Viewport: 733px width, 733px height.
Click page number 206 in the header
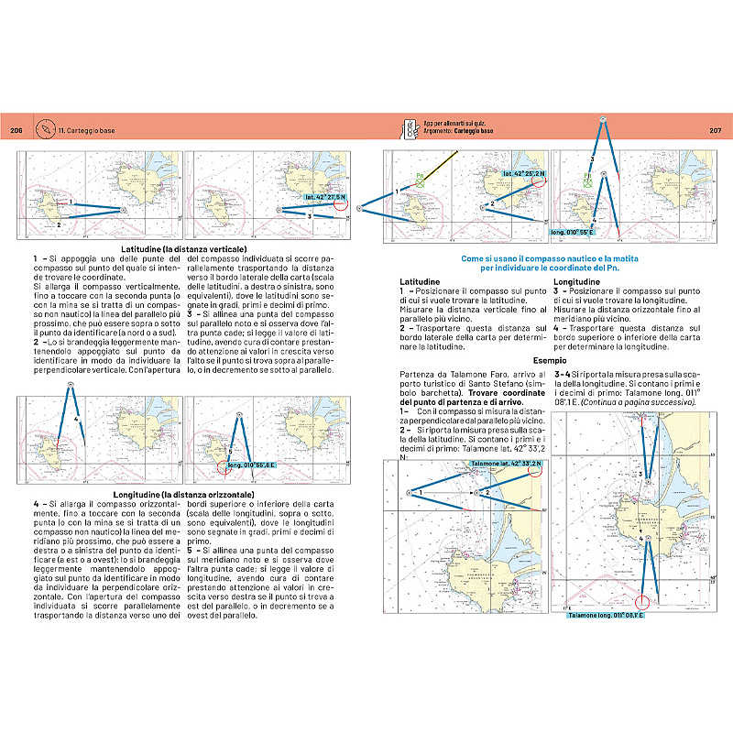pos(16,131)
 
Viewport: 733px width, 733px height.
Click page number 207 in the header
pos(717,131)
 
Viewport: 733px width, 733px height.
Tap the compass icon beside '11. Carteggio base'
pos(45,131)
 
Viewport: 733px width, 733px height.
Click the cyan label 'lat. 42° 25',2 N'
pos(523,172)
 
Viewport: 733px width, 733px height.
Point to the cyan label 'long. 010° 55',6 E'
pos(252,465)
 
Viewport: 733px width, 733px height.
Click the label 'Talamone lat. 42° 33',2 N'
pos(505,465)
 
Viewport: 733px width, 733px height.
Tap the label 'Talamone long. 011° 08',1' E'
pos(606,615)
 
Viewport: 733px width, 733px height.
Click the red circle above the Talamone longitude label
pos(643,602)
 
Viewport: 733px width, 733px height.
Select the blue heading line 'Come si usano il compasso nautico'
pos(548,258)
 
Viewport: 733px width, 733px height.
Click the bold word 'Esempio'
pos(548,361)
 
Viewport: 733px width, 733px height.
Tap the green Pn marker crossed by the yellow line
pos(421,183)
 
